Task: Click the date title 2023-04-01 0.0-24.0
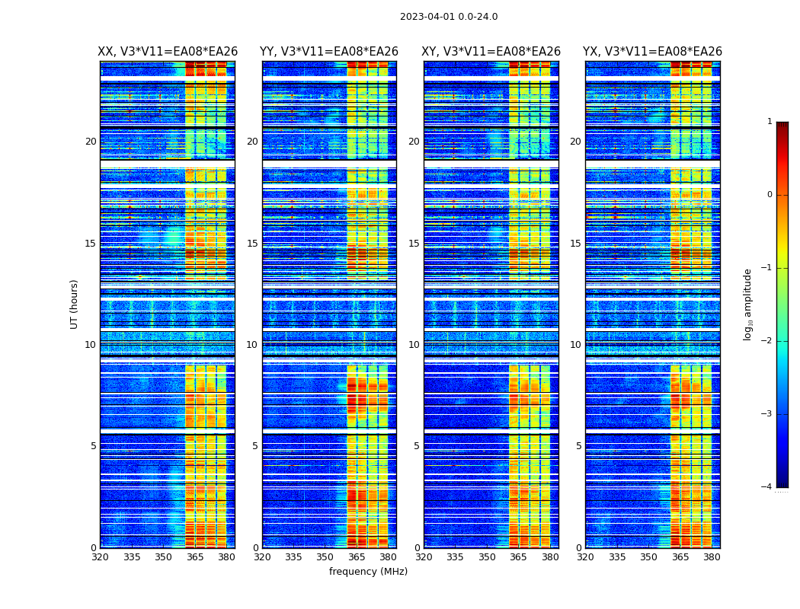coord(449,17)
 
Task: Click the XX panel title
coord(168,52)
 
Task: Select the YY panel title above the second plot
coord(329,52)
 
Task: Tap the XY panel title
coord(491,52)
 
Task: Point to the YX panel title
coord(652,52)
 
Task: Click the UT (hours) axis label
coord(75,304)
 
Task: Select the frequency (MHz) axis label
coord(368,572)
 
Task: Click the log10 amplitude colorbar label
coord(748,304)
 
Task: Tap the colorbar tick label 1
coord(770,122)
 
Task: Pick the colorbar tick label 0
coord(770,195)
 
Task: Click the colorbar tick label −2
coord(768,341)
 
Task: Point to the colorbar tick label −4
coord(768,487)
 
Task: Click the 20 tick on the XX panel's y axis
coord(91,142)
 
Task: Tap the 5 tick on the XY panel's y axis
coord(417,446)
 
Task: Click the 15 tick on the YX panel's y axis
coord(576,244)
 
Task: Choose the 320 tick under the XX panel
coord(100,557)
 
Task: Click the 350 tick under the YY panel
coord(325,557)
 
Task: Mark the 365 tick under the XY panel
coord(518,557)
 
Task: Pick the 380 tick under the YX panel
coord(712,557)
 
